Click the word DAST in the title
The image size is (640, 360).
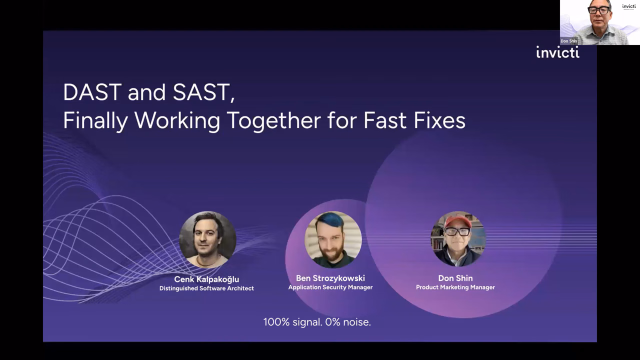point(92,92)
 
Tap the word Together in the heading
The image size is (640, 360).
point(274,120)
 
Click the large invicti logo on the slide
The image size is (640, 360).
point(557,52)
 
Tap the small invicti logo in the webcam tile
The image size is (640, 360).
point(629,6)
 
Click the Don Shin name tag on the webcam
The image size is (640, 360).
point(569,41)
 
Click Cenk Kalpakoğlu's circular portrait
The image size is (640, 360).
point(207,239)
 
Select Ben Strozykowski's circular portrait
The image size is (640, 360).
point(333,239)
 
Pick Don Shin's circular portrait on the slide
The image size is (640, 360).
point(458,239)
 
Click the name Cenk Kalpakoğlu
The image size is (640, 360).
point(206,279)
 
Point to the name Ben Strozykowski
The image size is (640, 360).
point(330,278)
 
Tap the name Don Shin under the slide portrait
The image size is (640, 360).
point(455,278)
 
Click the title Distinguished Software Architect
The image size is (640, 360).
point(206,288)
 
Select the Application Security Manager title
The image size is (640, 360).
point(330,287)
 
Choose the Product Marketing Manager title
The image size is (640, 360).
point(455,287)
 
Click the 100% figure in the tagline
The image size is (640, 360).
point(276,322)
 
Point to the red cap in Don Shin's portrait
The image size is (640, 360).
point(457,221)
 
